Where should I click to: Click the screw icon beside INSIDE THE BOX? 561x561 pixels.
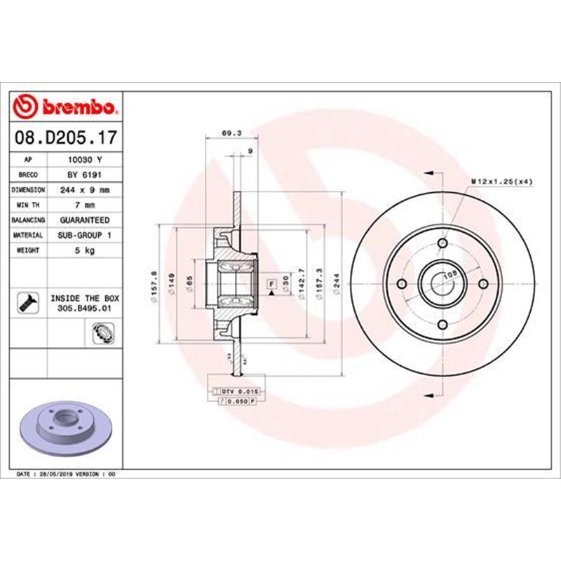(x=27, y=302)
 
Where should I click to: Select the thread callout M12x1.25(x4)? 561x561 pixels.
(x=501, y=182)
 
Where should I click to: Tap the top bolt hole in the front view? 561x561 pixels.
(x=442, y=243)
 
